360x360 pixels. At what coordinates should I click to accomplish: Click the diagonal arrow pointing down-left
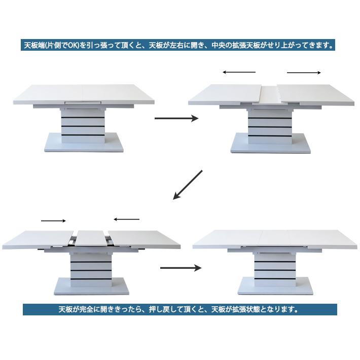188,185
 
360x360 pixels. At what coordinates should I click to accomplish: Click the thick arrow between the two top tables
176,119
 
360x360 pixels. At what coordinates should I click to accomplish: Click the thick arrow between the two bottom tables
181,268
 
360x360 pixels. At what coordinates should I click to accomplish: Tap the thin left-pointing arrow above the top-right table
239,72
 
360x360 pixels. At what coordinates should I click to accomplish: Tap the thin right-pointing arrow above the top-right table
304,73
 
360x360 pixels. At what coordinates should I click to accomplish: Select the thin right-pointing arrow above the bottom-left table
53,221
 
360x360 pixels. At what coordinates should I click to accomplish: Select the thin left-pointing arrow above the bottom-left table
126,219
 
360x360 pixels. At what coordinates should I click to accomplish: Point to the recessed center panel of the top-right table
270,95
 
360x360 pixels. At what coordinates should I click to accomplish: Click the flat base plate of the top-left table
84,142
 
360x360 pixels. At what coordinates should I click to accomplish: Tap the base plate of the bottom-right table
275,286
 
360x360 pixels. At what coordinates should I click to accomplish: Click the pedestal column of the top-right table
270,126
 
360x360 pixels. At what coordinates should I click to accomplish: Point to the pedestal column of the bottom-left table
91,270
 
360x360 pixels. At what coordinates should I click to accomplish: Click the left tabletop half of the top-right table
225,95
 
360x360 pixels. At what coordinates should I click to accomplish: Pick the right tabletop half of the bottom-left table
144,239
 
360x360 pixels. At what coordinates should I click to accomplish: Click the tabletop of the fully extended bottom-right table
275,239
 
